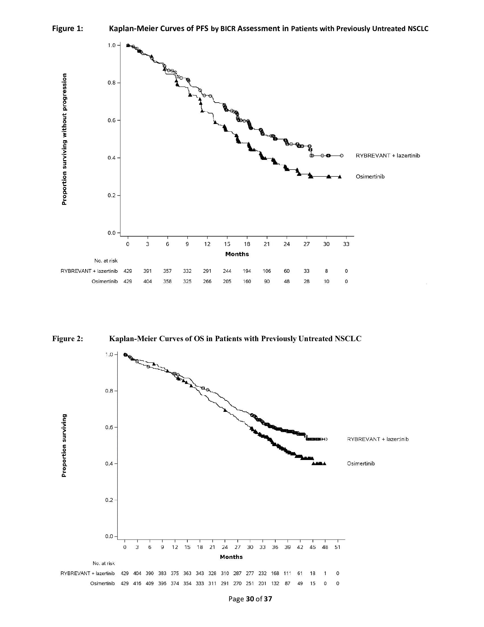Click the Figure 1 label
(x=67, y=29)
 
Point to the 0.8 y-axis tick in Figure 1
(x=112, y=83)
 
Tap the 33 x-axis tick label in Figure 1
(x=346, y=244)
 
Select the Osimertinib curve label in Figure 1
(x=370, y=177)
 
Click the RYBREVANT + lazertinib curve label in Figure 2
(x=378, y=439)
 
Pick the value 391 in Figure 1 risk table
(x=147, y=271)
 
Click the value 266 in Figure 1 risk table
(x=207, y=281)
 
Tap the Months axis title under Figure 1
(x=237, y=254)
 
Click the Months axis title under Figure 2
(x=231, y=557)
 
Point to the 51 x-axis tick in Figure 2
(x=337, y=547)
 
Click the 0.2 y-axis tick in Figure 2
(x=109, y=500)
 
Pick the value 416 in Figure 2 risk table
(x=137, y=583)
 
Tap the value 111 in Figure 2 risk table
(x=287, y=573)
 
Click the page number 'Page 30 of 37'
(x=250, y=599)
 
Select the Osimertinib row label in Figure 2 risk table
(x=102, y=583)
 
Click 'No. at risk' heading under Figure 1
(x=106, y=261)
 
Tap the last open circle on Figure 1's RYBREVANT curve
(x=341, y=156)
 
